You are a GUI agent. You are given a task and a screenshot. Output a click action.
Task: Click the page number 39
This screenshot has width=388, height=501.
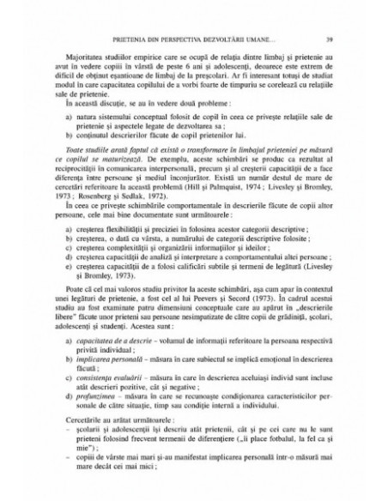[x=330, y=40]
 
